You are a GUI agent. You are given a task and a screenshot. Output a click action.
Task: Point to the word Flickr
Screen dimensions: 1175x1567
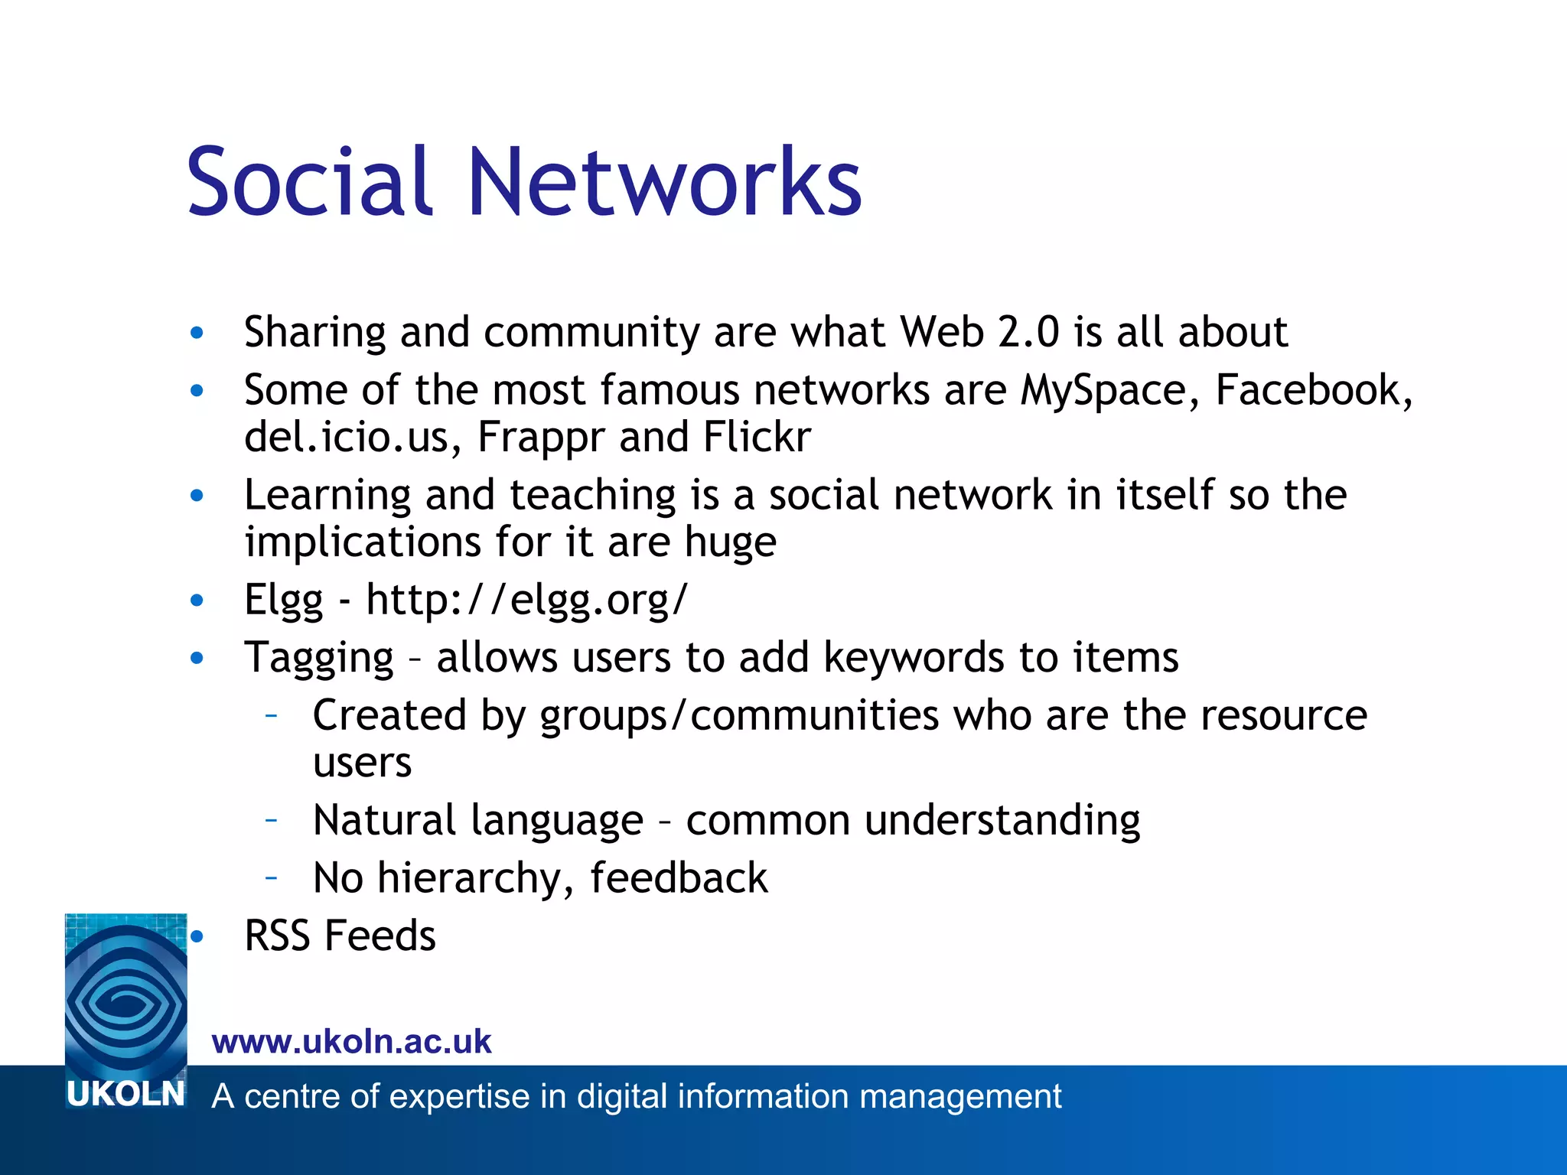click(757, 438)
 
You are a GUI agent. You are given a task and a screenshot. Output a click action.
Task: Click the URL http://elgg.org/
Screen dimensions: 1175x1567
click(527, 601)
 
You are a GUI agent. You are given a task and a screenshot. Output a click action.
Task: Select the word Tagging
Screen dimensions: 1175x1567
click(318, 659)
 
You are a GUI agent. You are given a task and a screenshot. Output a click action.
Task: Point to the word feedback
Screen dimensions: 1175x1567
click(679, 877)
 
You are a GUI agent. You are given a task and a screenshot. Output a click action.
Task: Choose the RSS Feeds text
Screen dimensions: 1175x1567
click(340, 936)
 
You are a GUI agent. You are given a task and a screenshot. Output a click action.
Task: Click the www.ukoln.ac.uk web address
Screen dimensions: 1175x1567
click(352, 1042)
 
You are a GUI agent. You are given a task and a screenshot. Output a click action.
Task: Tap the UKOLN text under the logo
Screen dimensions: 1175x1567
click(125, 1095)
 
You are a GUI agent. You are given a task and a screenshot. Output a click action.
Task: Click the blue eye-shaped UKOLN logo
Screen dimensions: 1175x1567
click(125, 994)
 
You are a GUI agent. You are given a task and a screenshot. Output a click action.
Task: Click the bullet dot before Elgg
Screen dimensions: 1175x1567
click(197, 601)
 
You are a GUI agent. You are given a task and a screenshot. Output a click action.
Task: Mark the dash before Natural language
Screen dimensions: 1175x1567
click(271, 820)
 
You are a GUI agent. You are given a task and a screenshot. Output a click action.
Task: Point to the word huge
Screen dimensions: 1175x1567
click(731, 543)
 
